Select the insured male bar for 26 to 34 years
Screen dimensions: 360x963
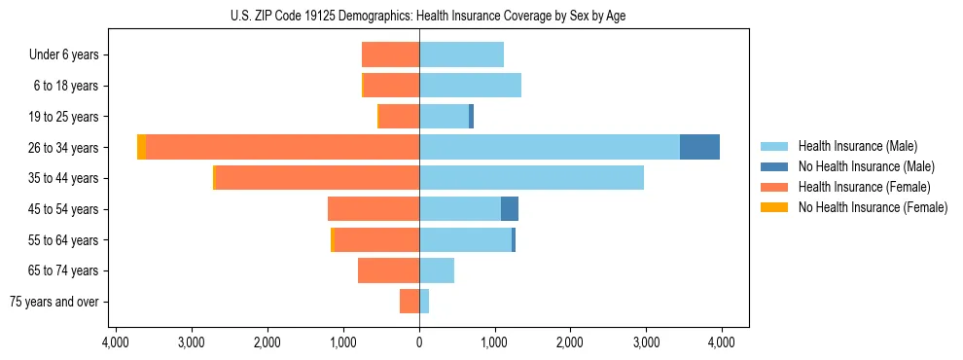point(550,147)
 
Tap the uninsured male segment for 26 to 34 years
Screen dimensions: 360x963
point(699,147)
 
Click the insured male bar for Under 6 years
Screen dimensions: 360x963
point(461,54)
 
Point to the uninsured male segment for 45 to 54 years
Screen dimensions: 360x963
point(510,209)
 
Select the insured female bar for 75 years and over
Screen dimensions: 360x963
point(410,302)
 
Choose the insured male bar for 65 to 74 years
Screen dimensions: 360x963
point(437,270)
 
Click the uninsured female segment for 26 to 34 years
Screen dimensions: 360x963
point(141,147)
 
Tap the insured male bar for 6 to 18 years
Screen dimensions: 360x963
point(470,86)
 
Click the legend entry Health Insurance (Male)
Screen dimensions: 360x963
point(857,146)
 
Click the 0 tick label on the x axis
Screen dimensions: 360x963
point(419,342)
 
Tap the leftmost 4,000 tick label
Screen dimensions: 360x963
point(116,342)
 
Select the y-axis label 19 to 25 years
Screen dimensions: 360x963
point(63,117)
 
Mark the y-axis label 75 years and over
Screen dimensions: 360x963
point(53,302)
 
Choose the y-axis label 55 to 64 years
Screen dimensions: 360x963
point(63,240)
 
